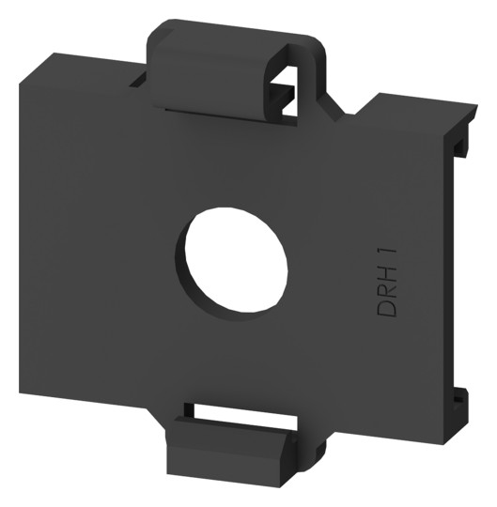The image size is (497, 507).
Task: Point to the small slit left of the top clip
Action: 138,80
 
